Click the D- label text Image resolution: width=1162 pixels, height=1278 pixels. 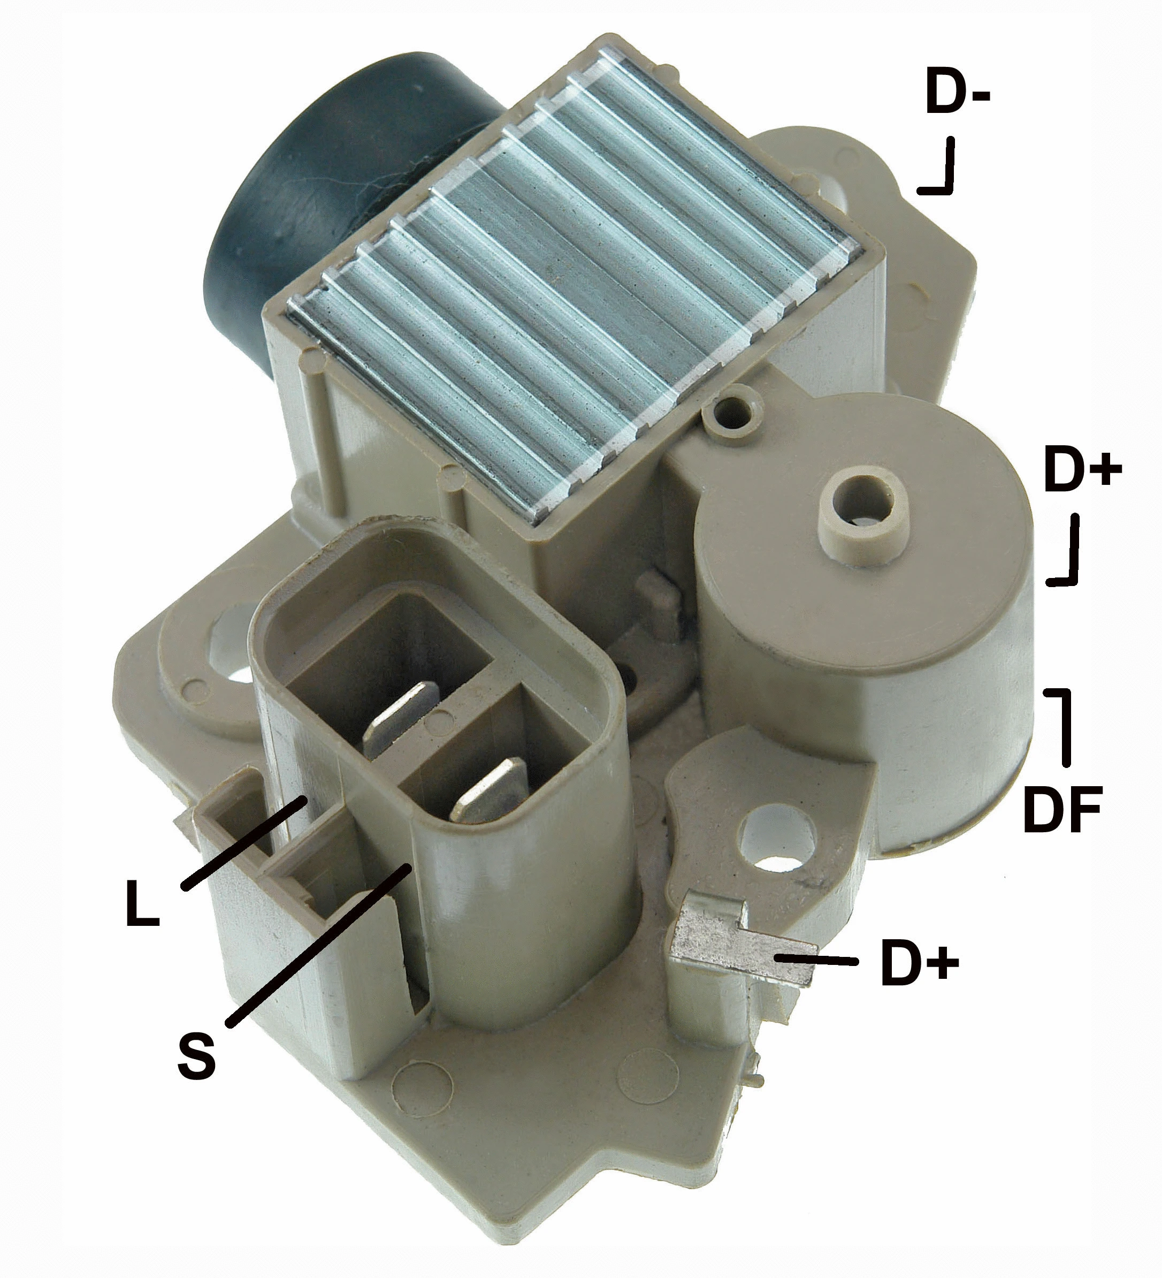coord(957,94)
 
